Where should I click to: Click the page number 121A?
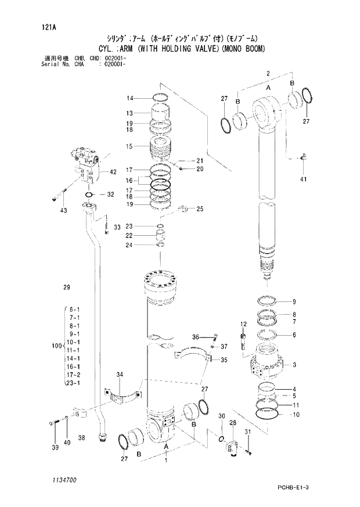[42, 27]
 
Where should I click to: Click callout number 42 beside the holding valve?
[113, 171]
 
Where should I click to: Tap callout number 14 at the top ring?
[131, 98]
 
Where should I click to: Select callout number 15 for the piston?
[131, 146]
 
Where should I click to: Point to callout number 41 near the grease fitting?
[303, 179]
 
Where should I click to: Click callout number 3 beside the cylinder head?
[294, 365]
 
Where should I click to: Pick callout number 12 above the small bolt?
[244, 323]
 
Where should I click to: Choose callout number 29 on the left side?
[66, 287]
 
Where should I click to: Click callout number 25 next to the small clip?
[200, 208]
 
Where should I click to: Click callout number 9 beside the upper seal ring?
[294, 301]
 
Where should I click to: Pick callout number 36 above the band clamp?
[196, 337]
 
